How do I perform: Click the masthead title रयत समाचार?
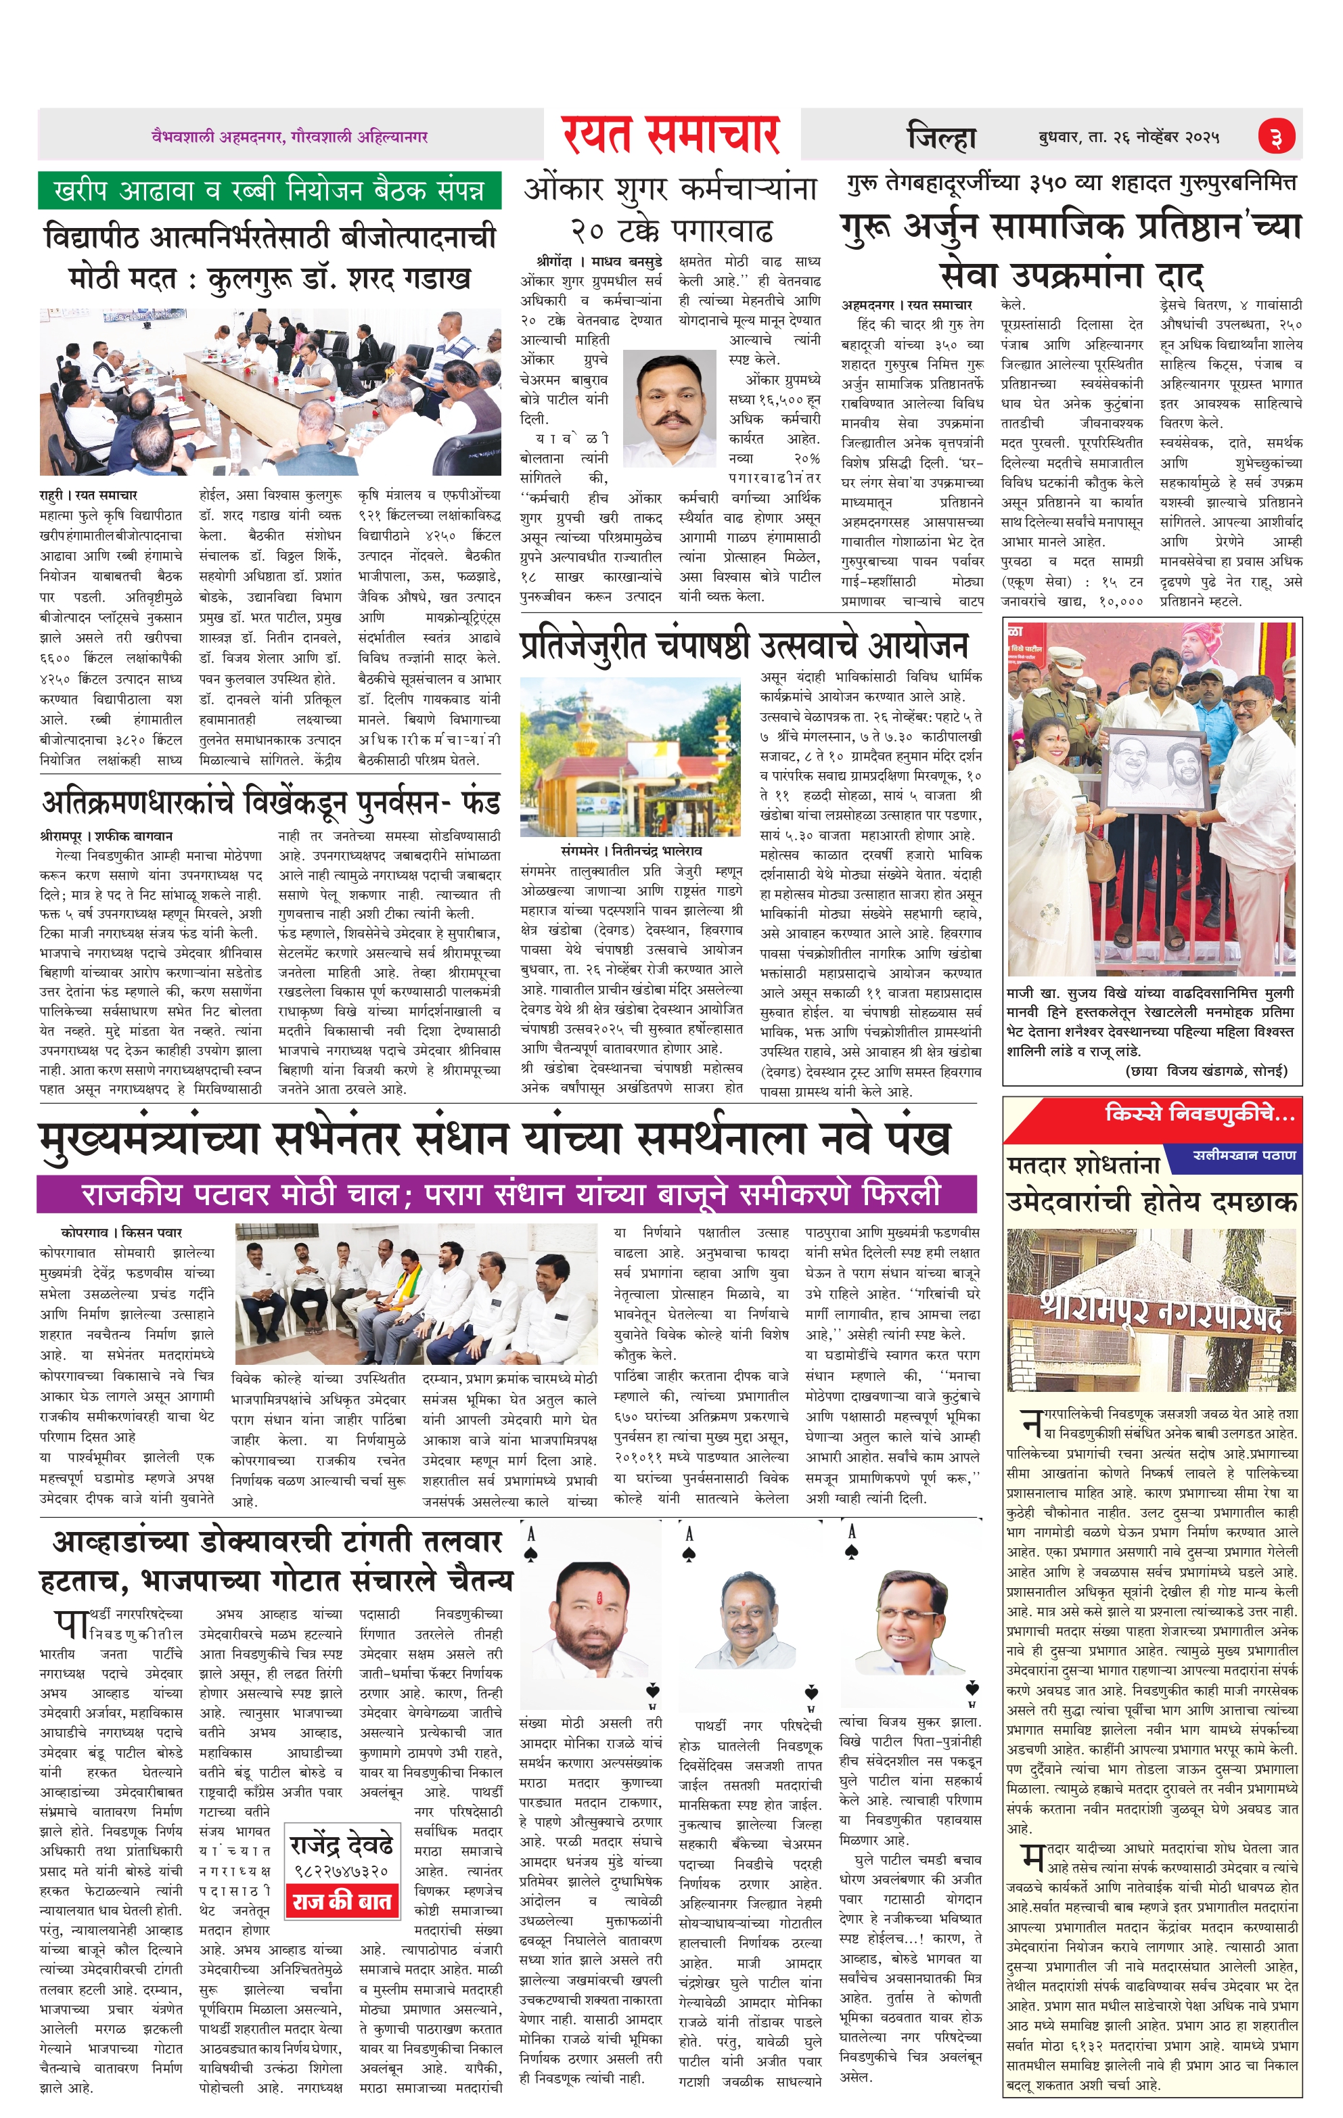671,135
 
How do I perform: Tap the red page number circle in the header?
1276,137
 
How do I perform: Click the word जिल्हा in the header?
942,138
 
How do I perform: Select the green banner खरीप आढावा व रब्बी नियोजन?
269,191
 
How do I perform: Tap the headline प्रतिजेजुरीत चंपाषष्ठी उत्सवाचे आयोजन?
743,645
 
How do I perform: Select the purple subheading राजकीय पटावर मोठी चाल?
507,1194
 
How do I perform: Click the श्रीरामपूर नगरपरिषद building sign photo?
1152,1309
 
